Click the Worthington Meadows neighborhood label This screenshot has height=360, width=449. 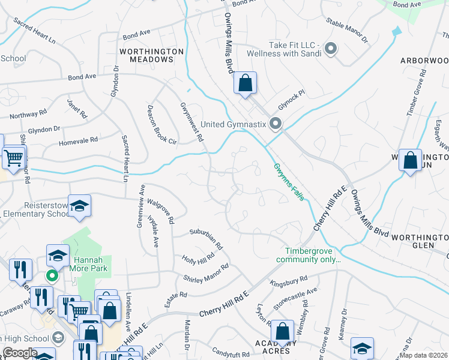click(x=151, y=56)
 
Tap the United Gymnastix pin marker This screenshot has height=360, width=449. click(x=276, y=124)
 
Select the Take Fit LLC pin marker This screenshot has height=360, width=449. click(x=330, y=48)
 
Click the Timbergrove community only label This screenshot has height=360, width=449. click(x=308, y=256)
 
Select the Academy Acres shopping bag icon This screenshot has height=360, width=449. click(x=282, y=332)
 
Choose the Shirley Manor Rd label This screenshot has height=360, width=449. click(x=206, y=273)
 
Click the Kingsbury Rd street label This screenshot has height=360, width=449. click(x=289, y=281)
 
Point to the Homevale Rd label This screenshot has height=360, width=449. click(x=78, y=142)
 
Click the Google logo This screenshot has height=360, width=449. click(x=20, y=353)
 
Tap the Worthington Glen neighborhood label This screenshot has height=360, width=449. click(x=420, y=242)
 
